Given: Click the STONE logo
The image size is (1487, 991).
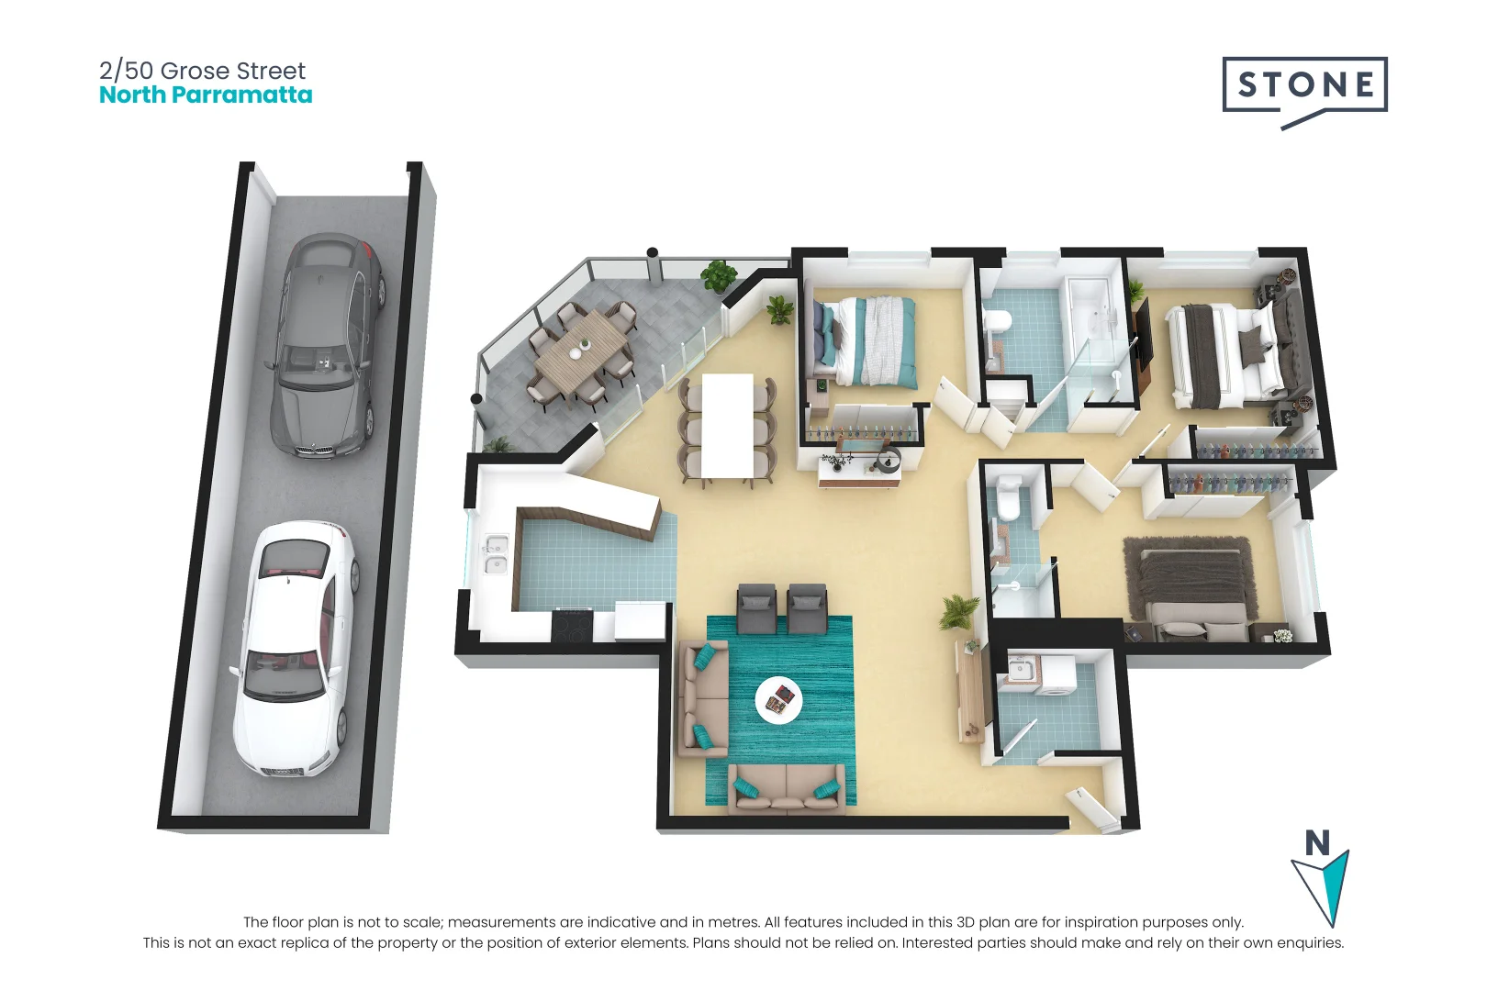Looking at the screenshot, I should click(1303, 86).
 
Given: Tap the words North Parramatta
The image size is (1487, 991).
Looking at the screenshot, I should click(206, 95).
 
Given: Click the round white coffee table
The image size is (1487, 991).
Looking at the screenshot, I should click(778, 701).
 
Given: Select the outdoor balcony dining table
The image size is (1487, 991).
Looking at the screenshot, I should click(582, 355).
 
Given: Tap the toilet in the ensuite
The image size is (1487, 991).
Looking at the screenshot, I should click(1010, 495).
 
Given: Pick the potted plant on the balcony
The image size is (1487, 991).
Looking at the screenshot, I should click(718, 274).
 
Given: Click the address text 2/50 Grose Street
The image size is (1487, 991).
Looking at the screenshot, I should click(202, 71).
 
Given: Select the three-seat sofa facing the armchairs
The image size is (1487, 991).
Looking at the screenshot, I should click(787, 788).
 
